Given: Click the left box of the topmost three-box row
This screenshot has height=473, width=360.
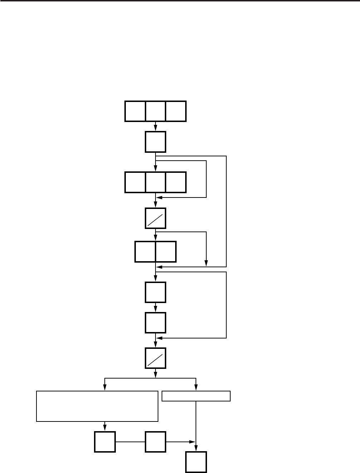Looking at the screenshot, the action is [135, 111].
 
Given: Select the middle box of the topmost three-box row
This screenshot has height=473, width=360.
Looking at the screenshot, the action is [156, 111].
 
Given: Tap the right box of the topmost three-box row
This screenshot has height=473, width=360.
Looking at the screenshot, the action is [176, 111].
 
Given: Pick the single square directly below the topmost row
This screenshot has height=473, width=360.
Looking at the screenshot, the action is [156, 142].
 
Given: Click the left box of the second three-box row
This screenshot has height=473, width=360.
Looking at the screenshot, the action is [135, 182].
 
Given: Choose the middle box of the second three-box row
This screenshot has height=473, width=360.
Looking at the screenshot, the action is [156, 182].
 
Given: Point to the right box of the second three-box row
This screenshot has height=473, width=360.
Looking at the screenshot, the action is [176, 182].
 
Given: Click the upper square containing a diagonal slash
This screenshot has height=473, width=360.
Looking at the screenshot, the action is [156, 218].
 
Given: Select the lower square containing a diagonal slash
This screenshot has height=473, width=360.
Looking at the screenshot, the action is [156, 358].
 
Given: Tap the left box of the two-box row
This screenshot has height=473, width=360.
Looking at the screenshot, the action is [145, 252].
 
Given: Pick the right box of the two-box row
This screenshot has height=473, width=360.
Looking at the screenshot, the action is [166, 252].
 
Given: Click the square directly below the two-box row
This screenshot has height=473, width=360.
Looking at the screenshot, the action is [156, 292].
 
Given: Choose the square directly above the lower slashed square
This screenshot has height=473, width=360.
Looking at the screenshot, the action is [156, 322].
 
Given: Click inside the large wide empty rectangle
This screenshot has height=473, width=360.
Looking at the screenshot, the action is [97, 406].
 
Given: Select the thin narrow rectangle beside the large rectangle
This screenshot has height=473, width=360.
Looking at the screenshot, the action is [196, 396].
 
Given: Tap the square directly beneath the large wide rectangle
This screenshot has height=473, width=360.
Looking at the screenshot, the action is [105, 442].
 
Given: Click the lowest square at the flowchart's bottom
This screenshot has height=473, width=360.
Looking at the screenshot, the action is [196, 462].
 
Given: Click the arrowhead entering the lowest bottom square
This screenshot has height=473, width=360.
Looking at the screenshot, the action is [196, 449].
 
